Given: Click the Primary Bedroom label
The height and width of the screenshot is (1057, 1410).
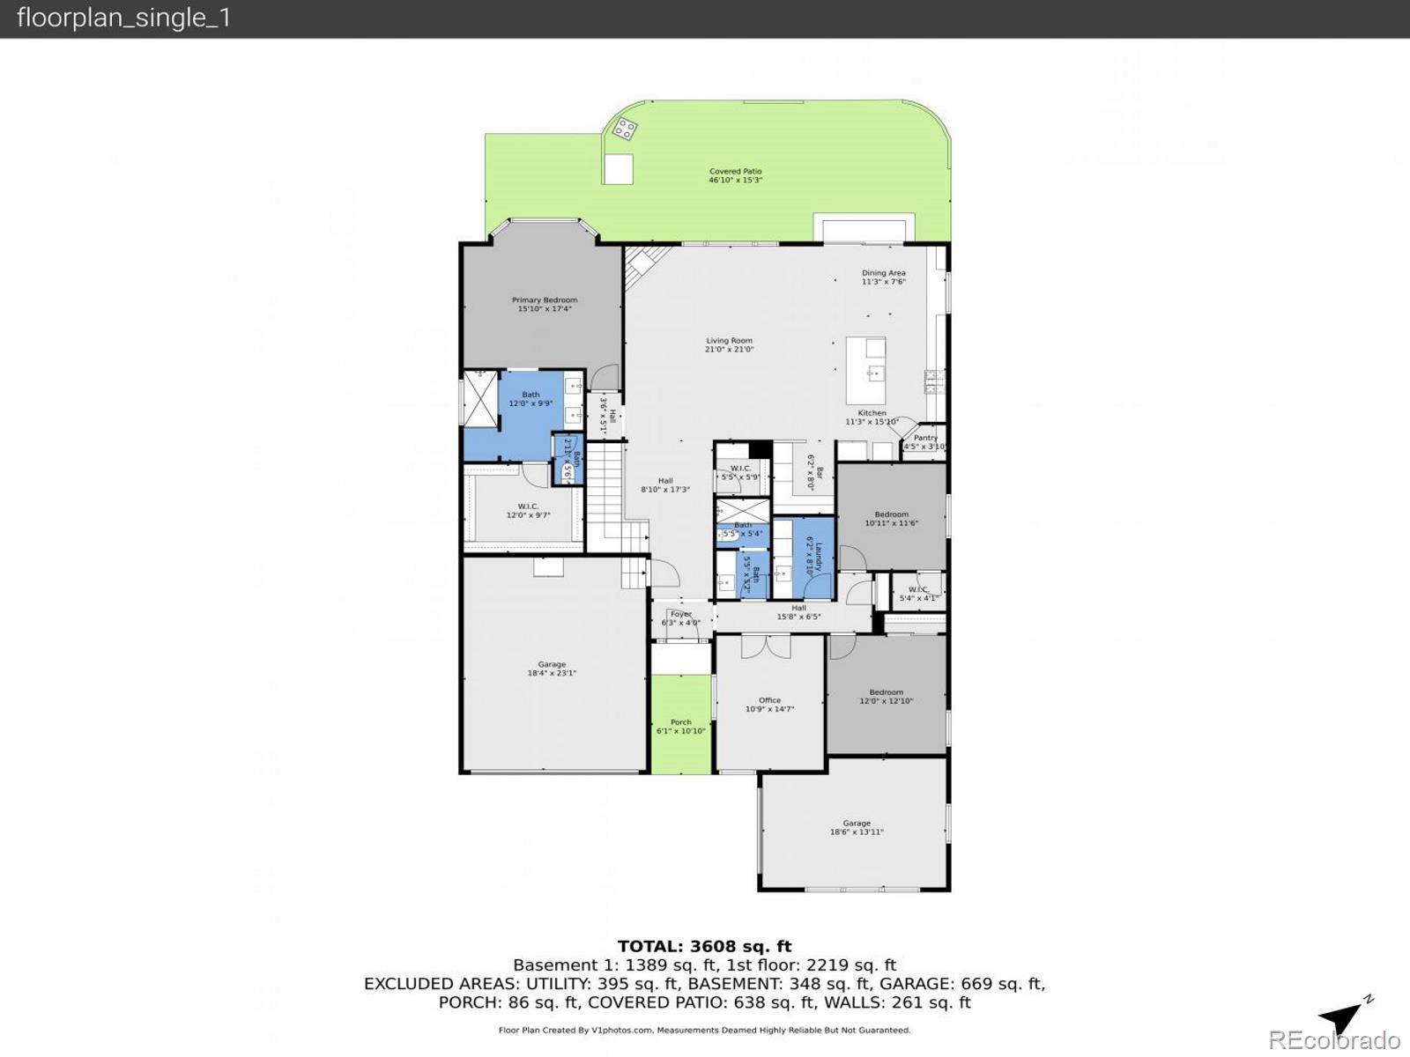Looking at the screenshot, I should click(544, 304).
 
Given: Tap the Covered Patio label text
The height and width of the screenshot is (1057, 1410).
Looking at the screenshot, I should click(735, 175).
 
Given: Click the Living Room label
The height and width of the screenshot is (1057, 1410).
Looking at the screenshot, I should click(729, 344).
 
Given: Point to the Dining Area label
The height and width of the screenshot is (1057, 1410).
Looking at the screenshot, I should click(883, 277).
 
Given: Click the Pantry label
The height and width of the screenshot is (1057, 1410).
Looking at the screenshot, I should click(925, 441).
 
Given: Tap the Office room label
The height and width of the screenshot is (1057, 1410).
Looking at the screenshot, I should click(769, 704).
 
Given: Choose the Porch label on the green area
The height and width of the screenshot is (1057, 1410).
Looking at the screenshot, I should click(680, 726).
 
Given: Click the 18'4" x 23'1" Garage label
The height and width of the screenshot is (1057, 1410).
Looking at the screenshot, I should click(552, 669).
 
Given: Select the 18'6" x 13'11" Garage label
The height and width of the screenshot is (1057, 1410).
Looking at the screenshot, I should click(856, 827).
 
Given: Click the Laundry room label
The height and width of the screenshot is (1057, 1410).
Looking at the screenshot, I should click(813, 558).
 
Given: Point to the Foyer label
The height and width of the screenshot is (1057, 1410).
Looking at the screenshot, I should click(680, 617).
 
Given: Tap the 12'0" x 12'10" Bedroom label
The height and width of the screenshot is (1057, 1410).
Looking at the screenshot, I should click(886, 696).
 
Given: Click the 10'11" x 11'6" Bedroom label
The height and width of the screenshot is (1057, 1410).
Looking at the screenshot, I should click(891, 518).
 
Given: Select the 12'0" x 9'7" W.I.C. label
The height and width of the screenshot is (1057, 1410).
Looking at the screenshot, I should click(528, 510).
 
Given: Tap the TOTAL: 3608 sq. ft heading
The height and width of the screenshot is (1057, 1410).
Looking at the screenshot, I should click(704, 946).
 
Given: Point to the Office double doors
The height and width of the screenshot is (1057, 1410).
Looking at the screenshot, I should click(765, 646).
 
